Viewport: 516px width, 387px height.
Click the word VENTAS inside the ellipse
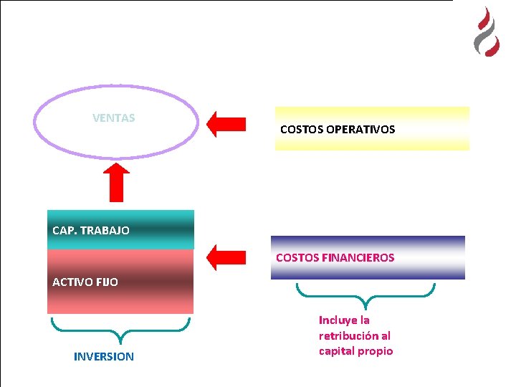(113, 118)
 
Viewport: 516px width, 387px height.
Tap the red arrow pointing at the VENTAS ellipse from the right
(226, 123)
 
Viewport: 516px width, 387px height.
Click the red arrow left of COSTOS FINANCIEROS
(226, 257)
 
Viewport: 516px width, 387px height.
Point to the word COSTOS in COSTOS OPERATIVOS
(301, 130)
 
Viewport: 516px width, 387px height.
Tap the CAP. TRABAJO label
(91, 231)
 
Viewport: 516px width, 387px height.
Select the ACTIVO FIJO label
(85, 282)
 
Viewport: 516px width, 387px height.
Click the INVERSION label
(103, 356)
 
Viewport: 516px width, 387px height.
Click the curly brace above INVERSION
(120, 330)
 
